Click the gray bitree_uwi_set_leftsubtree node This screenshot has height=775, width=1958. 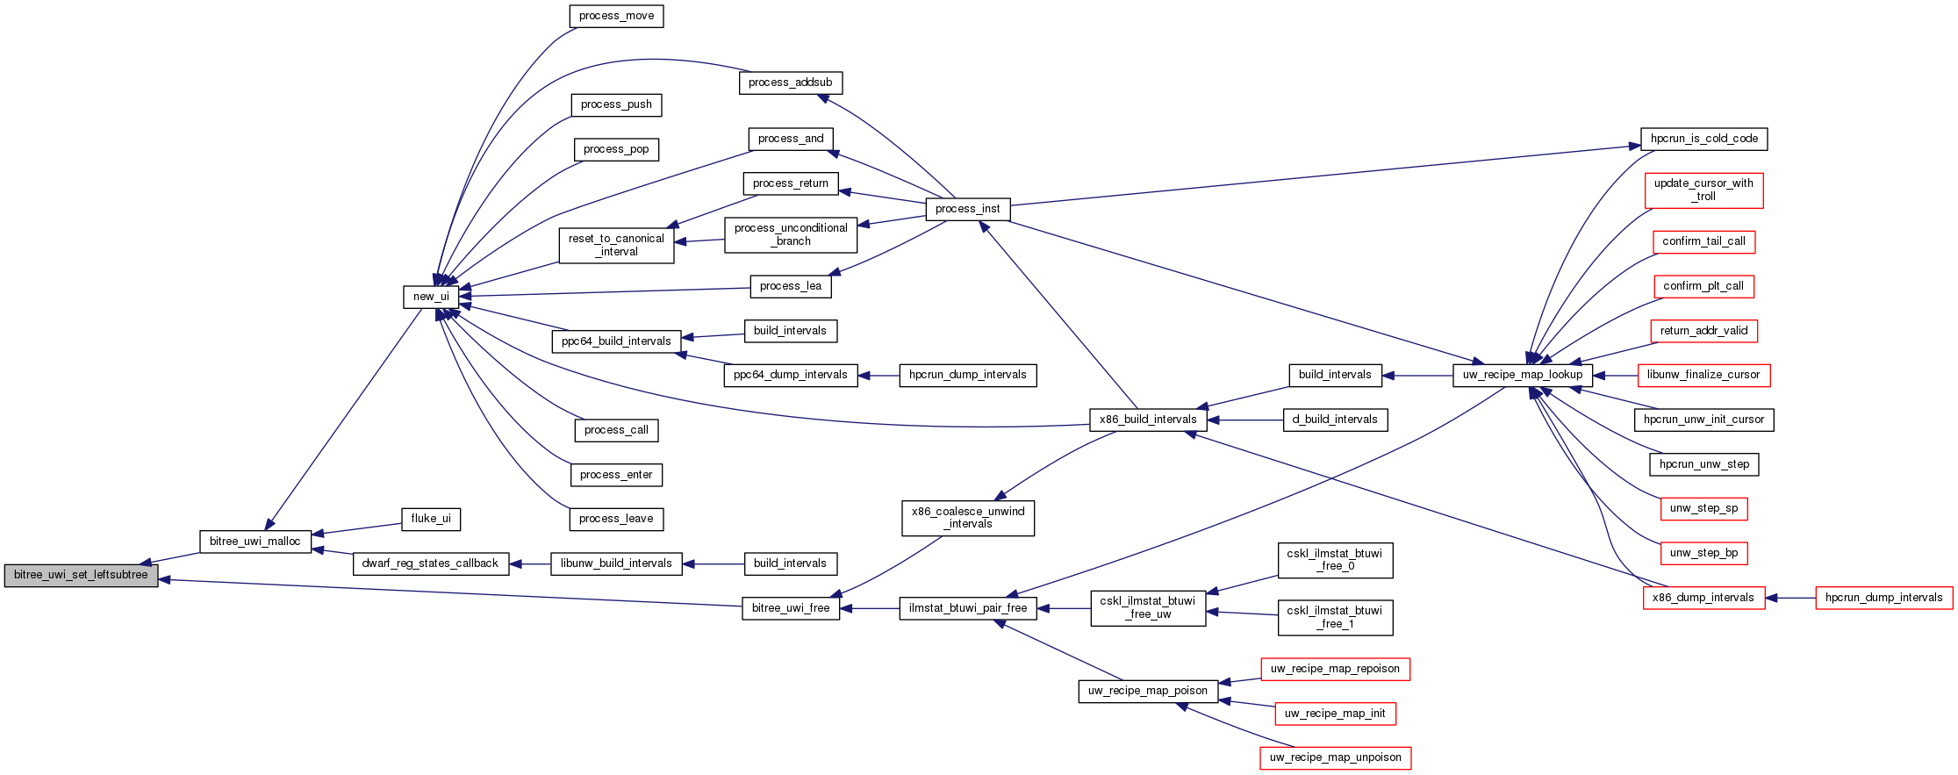tap(81, 576)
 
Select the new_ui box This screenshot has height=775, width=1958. tap(431, 297)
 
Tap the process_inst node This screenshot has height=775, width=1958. tap(967, 209)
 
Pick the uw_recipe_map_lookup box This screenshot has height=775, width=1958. tap(1522, 375)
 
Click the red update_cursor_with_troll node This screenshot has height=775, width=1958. tap(1703, 190)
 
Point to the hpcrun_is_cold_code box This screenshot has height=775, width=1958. tap(1703, 139)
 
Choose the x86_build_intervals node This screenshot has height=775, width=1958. tap(1147, 420)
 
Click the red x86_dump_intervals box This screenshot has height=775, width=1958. tap(1703, 598)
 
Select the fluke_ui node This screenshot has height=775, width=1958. tap(431, 519)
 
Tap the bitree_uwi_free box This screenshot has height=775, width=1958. tap(790, 608)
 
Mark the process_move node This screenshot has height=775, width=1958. tap(616, 16)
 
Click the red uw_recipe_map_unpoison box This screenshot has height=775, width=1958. tap(1335, 757)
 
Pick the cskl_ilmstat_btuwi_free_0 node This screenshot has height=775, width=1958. tap(1334, 560)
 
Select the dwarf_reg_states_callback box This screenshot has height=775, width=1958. tap(430, 563)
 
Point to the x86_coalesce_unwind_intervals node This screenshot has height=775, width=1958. tap(967, 518)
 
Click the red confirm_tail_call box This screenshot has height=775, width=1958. tap(1703, 241)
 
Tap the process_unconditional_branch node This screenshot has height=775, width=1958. tap(790, 234)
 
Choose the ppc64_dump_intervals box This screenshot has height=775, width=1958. tap(790, 375)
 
